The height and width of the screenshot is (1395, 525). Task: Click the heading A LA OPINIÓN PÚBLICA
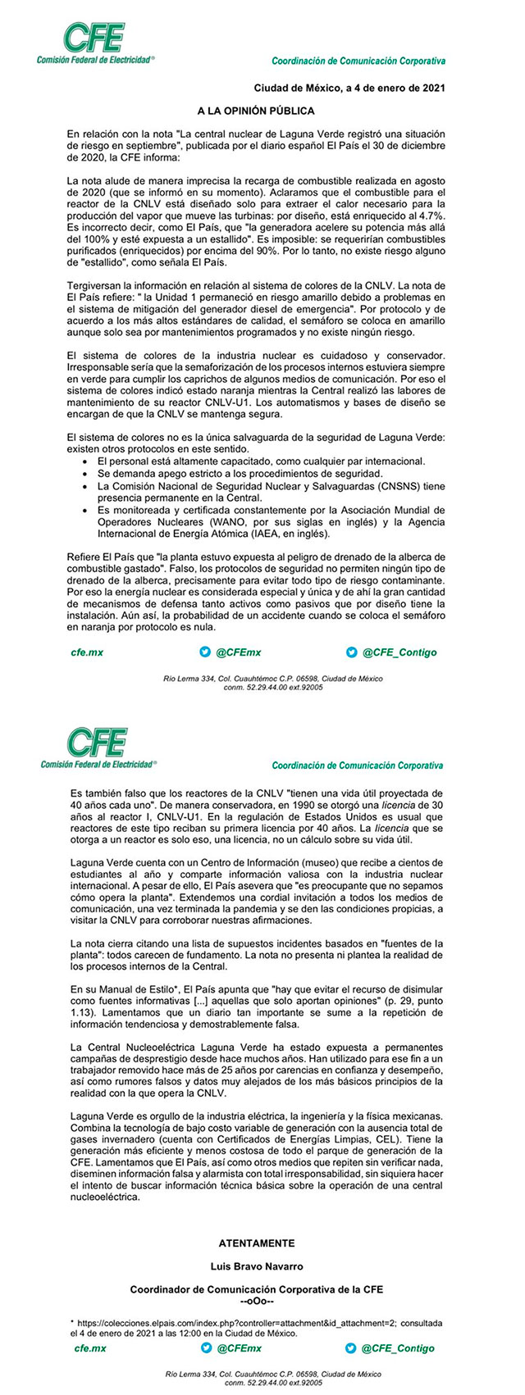point(255,110)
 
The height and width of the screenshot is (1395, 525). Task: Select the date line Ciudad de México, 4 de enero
point(349,88)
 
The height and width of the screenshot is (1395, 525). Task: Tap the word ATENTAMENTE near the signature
point(256,1243)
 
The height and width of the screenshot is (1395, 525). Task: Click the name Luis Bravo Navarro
point(256,1266)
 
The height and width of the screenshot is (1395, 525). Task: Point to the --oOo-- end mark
point(256,1302)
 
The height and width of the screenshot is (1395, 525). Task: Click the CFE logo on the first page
point(94,43)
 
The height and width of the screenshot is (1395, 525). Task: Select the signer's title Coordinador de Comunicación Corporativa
point(256,1289)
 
